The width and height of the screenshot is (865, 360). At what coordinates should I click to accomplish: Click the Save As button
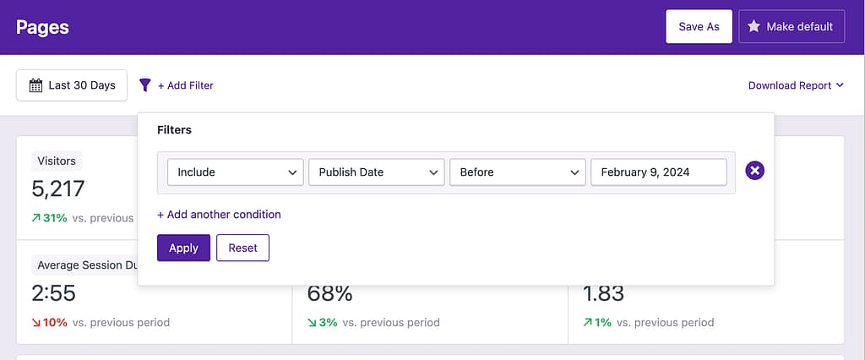699,26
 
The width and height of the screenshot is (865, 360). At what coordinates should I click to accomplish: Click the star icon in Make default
753,26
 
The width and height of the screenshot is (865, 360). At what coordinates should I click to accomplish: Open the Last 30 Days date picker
72,85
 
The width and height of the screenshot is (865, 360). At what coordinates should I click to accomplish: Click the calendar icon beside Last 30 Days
35,85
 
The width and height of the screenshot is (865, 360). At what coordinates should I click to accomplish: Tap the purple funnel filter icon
145,85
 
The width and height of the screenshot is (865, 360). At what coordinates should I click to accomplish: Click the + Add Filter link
186,85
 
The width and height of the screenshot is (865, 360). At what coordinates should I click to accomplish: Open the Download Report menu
796,85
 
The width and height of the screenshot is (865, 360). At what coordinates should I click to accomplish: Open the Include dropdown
235,172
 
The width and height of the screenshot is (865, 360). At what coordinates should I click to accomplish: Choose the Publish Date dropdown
376,172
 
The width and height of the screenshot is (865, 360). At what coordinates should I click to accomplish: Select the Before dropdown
517,172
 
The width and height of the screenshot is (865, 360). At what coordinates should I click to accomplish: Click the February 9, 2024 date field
658,172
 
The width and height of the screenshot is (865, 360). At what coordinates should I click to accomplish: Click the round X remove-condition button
755,172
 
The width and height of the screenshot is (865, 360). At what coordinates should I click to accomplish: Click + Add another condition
219,215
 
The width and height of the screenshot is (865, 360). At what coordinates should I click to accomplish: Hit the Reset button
242,248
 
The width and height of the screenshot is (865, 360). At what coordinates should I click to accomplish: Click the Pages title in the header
42,27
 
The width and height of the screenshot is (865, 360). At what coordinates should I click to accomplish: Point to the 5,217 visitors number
58,188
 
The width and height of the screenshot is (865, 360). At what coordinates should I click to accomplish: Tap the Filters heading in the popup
174,130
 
